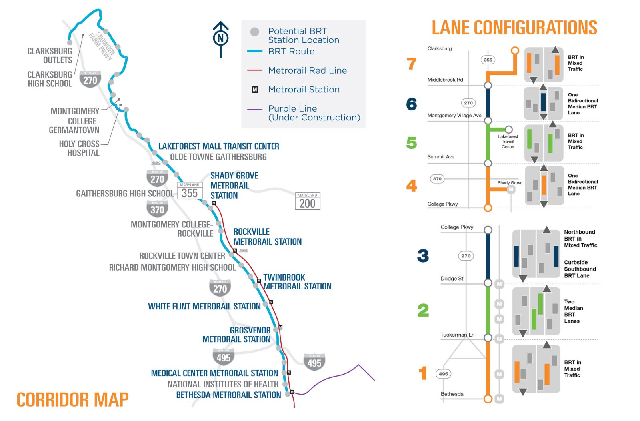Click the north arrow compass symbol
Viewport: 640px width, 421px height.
point(220,39)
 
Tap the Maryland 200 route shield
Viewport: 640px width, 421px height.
point(307,201)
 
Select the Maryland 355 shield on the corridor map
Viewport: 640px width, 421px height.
point(190,191)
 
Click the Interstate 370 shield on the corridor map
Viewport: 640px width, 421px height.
point(157,208)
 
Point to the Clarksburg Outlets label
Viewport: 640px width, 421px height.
point(50,56)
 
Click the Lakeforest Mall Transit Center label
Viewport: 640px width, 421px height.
point(218,146)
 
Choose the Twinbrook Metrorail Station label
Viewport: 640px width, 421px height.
point(297,282)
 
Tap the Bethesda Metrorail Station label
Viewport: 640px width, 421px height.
point(228,395)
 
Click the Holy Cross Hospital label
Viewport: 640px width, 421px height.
point(79,148)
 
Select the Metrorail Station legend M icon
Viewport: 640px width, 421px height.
point(255,90)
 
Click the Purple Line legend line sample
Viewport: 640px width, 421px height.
point(254,109)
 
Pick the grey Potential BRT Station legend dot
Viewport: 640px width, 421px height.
point(254,32)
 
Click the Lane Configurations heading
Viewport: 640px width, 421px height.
point(514,28)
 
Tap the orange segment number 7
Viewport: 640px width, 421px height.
point(412,64)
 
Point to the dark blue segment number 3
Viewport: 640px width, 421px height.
point(423,256)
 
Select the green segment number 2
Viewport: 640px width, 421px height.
point(423,310)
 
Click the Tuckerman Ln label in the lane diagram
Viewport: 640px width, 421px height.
point(457,335)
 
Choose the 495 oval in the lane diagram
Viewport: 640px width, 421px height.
point(443,374)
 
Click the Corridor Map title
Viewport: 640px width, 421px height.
point(72,399)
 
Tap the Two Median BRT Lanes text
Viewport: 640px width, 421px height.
point(574,311)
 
